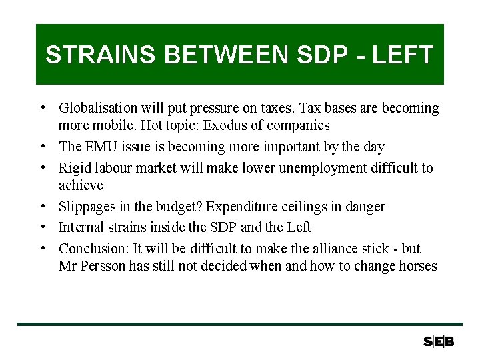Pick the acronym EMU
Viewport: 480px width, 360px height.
101,147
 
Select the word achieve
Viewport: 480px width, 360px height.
81,185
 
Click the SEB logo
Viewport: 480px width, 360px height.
439,341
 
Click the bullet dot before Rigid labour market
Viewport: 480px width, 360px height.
42,167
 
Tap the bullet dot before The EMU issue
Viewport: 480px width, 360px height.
42,147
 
